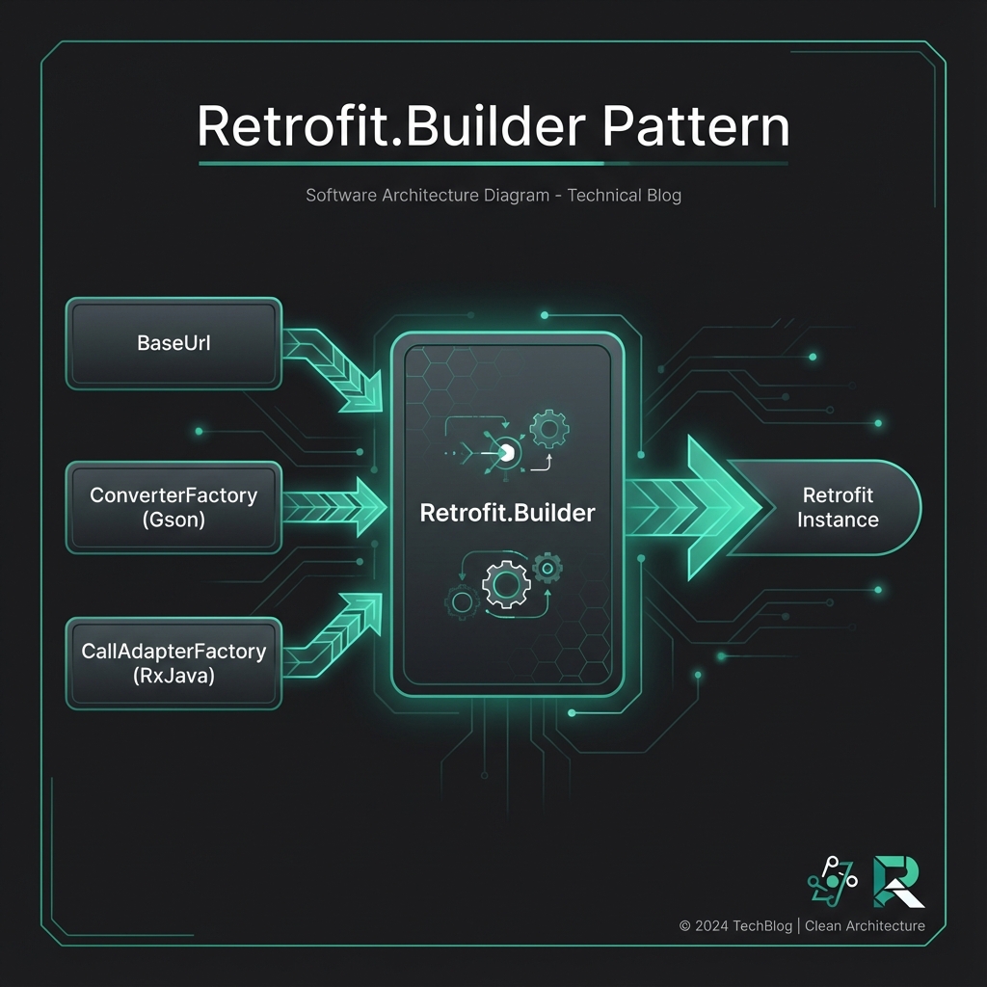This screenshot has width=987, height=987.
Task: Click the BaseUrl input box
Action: [173, 343]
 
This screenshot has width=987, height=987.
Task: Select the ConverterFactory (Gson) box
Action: [173, 507]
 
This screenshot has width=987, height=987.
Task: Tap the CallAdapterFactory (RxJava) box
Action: [173, 663]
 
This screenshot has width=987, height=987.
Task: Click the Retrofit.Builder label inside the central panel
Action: [508, 513]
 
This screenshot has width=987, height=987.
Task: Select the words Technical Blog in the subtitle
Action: [625, 196]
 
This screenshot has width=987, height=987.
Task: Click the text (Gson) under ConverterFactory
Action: [173, 520]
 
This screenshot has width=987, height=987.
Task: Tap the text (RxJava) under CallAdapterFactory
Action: [173, 676]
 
